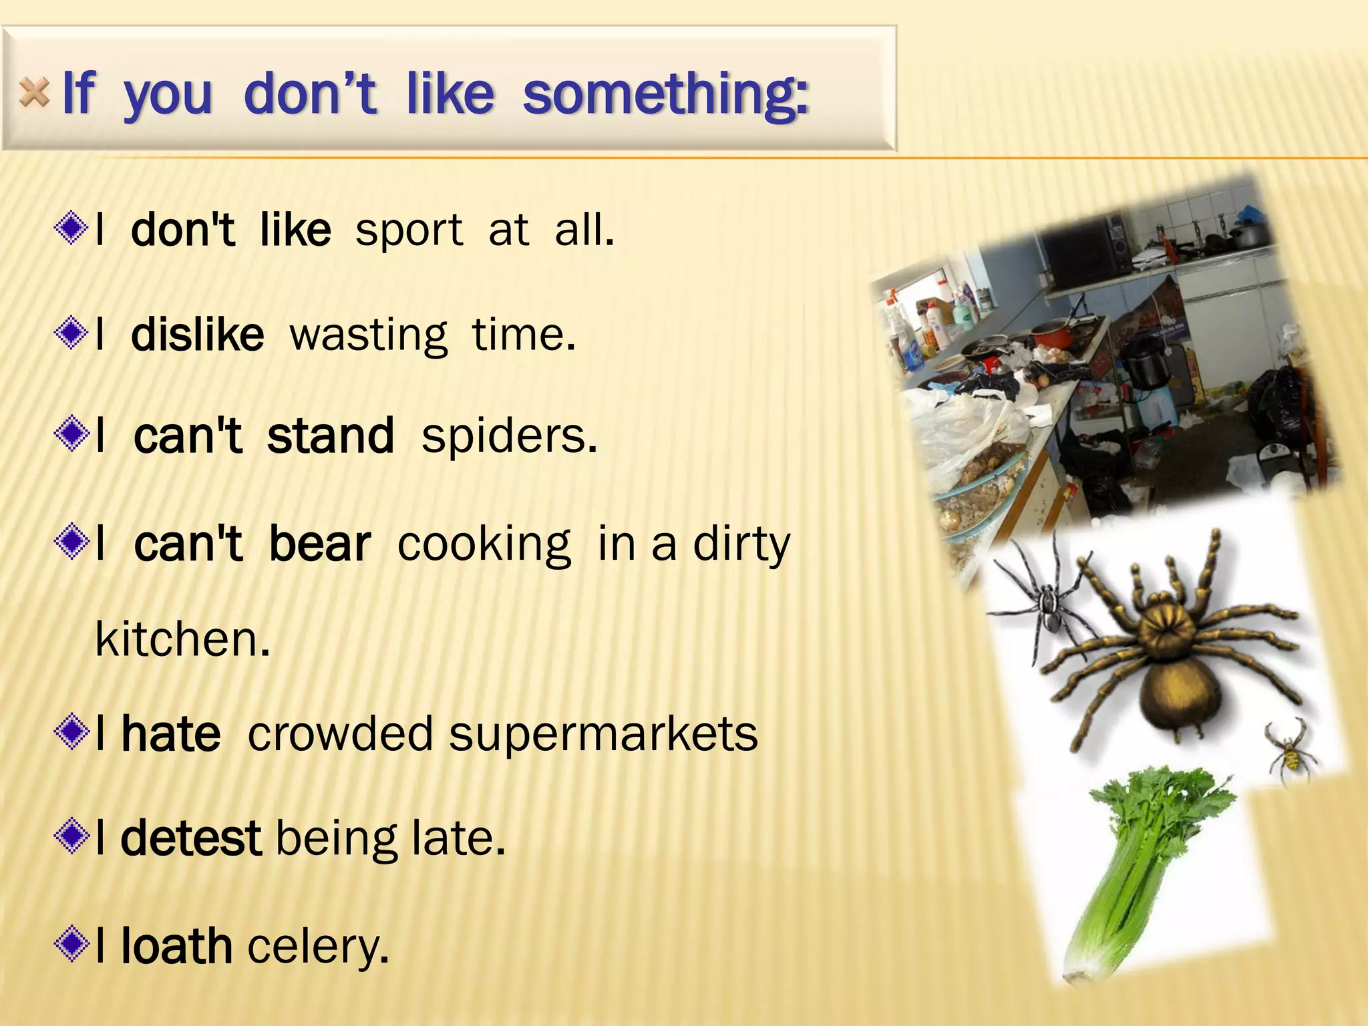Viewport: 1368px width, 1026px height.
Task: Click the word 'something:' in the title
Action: (666, 94)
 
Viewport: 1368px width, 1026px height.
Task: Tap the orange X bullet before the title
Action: (34, 92)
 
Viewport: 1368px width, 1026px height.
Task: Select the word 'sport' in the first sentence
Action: (409, 230)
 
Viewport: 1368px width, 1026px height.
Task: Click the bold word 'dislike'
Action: (198, 335)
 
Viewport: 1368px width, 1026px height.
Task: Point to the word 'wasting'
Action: (368, 335)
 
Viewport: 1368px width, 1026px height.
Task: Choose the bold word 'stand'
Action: (331, 436)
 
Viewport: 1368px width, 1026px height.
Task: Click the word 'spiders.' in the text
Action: (509, 437)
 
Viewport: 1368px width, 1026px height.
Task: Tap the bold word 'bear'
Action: (320, 544)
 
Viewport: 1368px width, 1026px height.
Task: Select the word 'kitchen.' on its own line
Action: (182, 639)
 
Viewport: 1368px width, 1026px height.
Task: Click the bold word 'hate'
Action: (171, 734)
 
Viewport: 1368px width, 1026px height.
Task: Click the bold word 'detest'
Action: (191, 838)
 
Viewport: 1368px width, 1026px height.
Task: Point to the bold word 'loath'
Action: (176, 946)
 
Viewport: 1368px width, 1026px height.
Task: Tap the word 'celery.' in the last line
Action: (318, 947)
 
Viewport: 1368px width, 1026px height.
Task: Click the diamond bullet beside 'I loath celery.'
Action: (71, 944)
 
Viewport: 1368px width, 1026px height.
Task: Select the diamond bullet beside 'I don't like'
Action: (71, 228)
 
